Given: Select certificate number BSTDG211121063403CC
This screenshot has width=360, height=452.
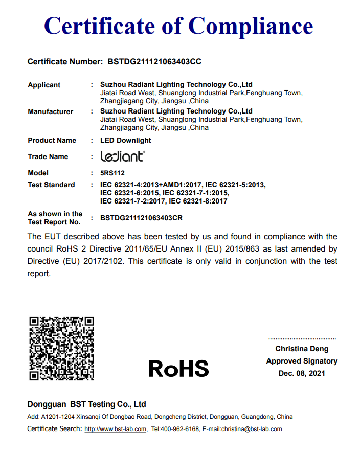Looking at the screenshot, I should point(154,62).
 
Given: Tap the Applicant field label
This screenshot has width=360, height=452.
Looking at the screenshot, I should point(44,85).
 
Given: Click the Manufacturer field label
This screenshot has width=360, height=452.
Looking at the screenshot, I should point(50,111).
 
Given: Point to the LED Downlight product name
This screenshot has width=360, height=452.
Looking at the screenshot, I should point(126,140).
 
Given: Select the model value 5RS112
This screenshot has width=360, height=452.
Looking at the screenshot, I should point(112,173).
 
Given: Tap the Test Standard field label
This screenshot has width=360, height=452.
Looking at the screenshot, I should point(51,185).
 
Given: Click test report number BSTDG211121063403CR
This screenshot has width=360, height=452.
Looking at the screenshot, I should point(142,218).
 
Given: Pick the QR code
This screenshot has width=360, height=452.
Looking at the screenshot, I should point(62,348).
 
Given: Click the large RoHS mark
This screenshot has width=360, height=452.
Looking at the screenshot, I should point(179,368).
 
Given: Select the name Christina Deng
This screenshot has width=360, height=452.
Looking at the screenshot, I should point(302,349).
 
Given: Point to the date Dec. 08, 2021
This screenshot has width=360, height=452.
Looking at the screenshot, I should point(302,373).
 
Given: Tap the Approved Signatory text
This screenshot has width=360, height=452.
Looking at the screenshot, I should point(302,361).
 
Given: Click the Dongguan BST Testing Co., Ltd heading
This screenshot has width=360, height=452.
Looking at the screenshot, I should point(87,404).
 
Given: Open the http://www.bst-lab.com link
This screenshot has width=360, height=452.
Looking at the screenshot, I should point(116,429).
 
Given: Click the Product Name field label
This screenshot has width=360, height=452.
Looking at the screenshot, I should point(52,140).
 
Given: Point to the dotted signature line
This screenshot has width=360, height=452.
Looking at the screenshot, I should point(302,338).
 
